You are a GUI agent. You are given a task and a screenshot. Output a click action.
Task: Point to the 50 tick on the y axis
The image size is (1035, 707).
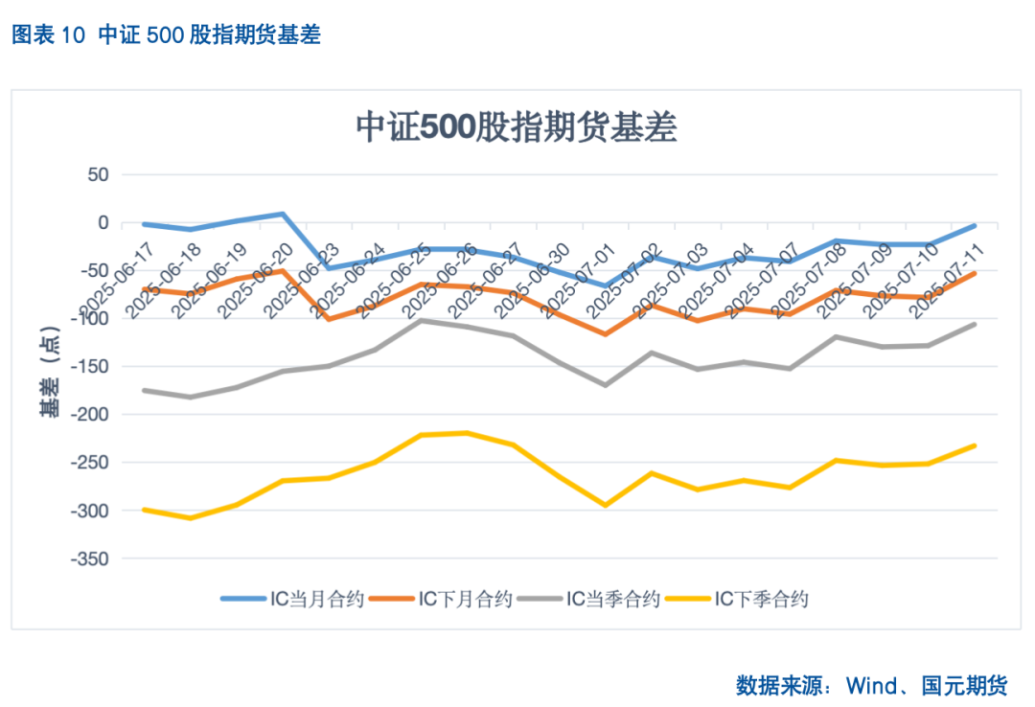point(98,175)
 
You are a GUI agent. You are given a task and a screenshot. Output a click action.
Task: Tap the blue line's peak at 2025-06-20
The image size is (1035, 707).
point(283,214)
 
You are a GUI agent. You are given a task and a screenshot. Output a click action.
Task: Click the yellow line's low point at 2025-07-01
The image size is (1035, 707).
point(605,505)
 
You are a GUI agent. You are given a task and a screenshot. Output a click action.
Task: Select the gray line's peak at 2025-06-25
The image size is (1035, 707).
point(421,320)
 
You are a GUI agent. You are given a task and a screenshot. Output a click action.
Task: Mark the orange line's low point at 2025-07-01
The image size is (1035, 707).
point(605,334)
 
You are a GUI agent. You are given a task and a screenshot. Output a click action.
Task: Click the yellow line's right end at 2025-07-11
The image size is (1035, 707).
point(975,445)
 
